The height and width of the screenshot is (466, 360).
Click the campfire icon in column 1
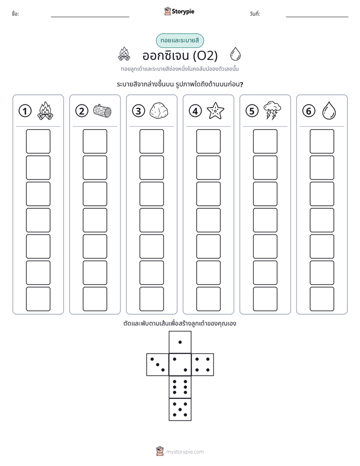[x=45, y=111]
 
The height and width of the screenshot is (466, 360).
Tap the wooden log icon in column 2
[x=102, y=111]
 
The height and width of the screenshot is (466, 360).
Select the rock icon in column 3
[x=159, y=111]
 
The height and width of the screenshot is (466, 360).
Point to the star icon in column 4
[x=215, y=110]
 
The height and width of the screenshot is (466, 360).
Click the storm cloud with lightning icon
[x=272, y=110]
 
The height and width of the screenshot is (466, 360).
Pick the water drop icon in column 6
[x=329, y=111]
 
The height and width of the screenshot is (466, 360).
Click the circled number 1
[x=25, y=111]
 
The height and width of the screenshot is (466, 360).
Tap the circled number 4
[x=195, y=111]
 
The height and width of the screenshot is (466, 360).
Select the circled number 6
[x=309, y=111]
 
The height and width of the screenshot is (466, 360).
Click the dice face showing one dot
[x=180, y=342]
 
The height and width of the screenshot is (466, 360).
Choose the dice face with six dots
[x=180, y=387]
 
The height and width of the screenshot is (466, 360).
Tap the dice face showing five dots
[x=180, y=410]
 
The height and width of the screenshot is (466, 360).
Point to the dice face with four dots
[x=203, y=365]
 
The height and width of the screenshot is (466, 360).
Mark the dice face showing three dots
[x=158, y=365]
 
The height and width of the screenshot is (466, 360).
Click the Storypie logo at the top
[x=179, y=12]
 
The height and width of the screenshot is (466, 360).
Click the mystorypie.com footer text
[x=185, y=452]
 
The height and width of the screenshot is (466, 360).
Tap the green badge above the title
[x=180, y=41]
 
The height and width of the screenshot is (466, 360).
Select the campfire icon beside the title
[x=124, y=54]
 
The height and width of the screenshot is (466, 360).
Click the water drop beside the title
[x=235, y=54]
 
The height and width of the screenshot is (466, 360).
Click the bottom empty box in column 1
[x=38, y=299]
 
